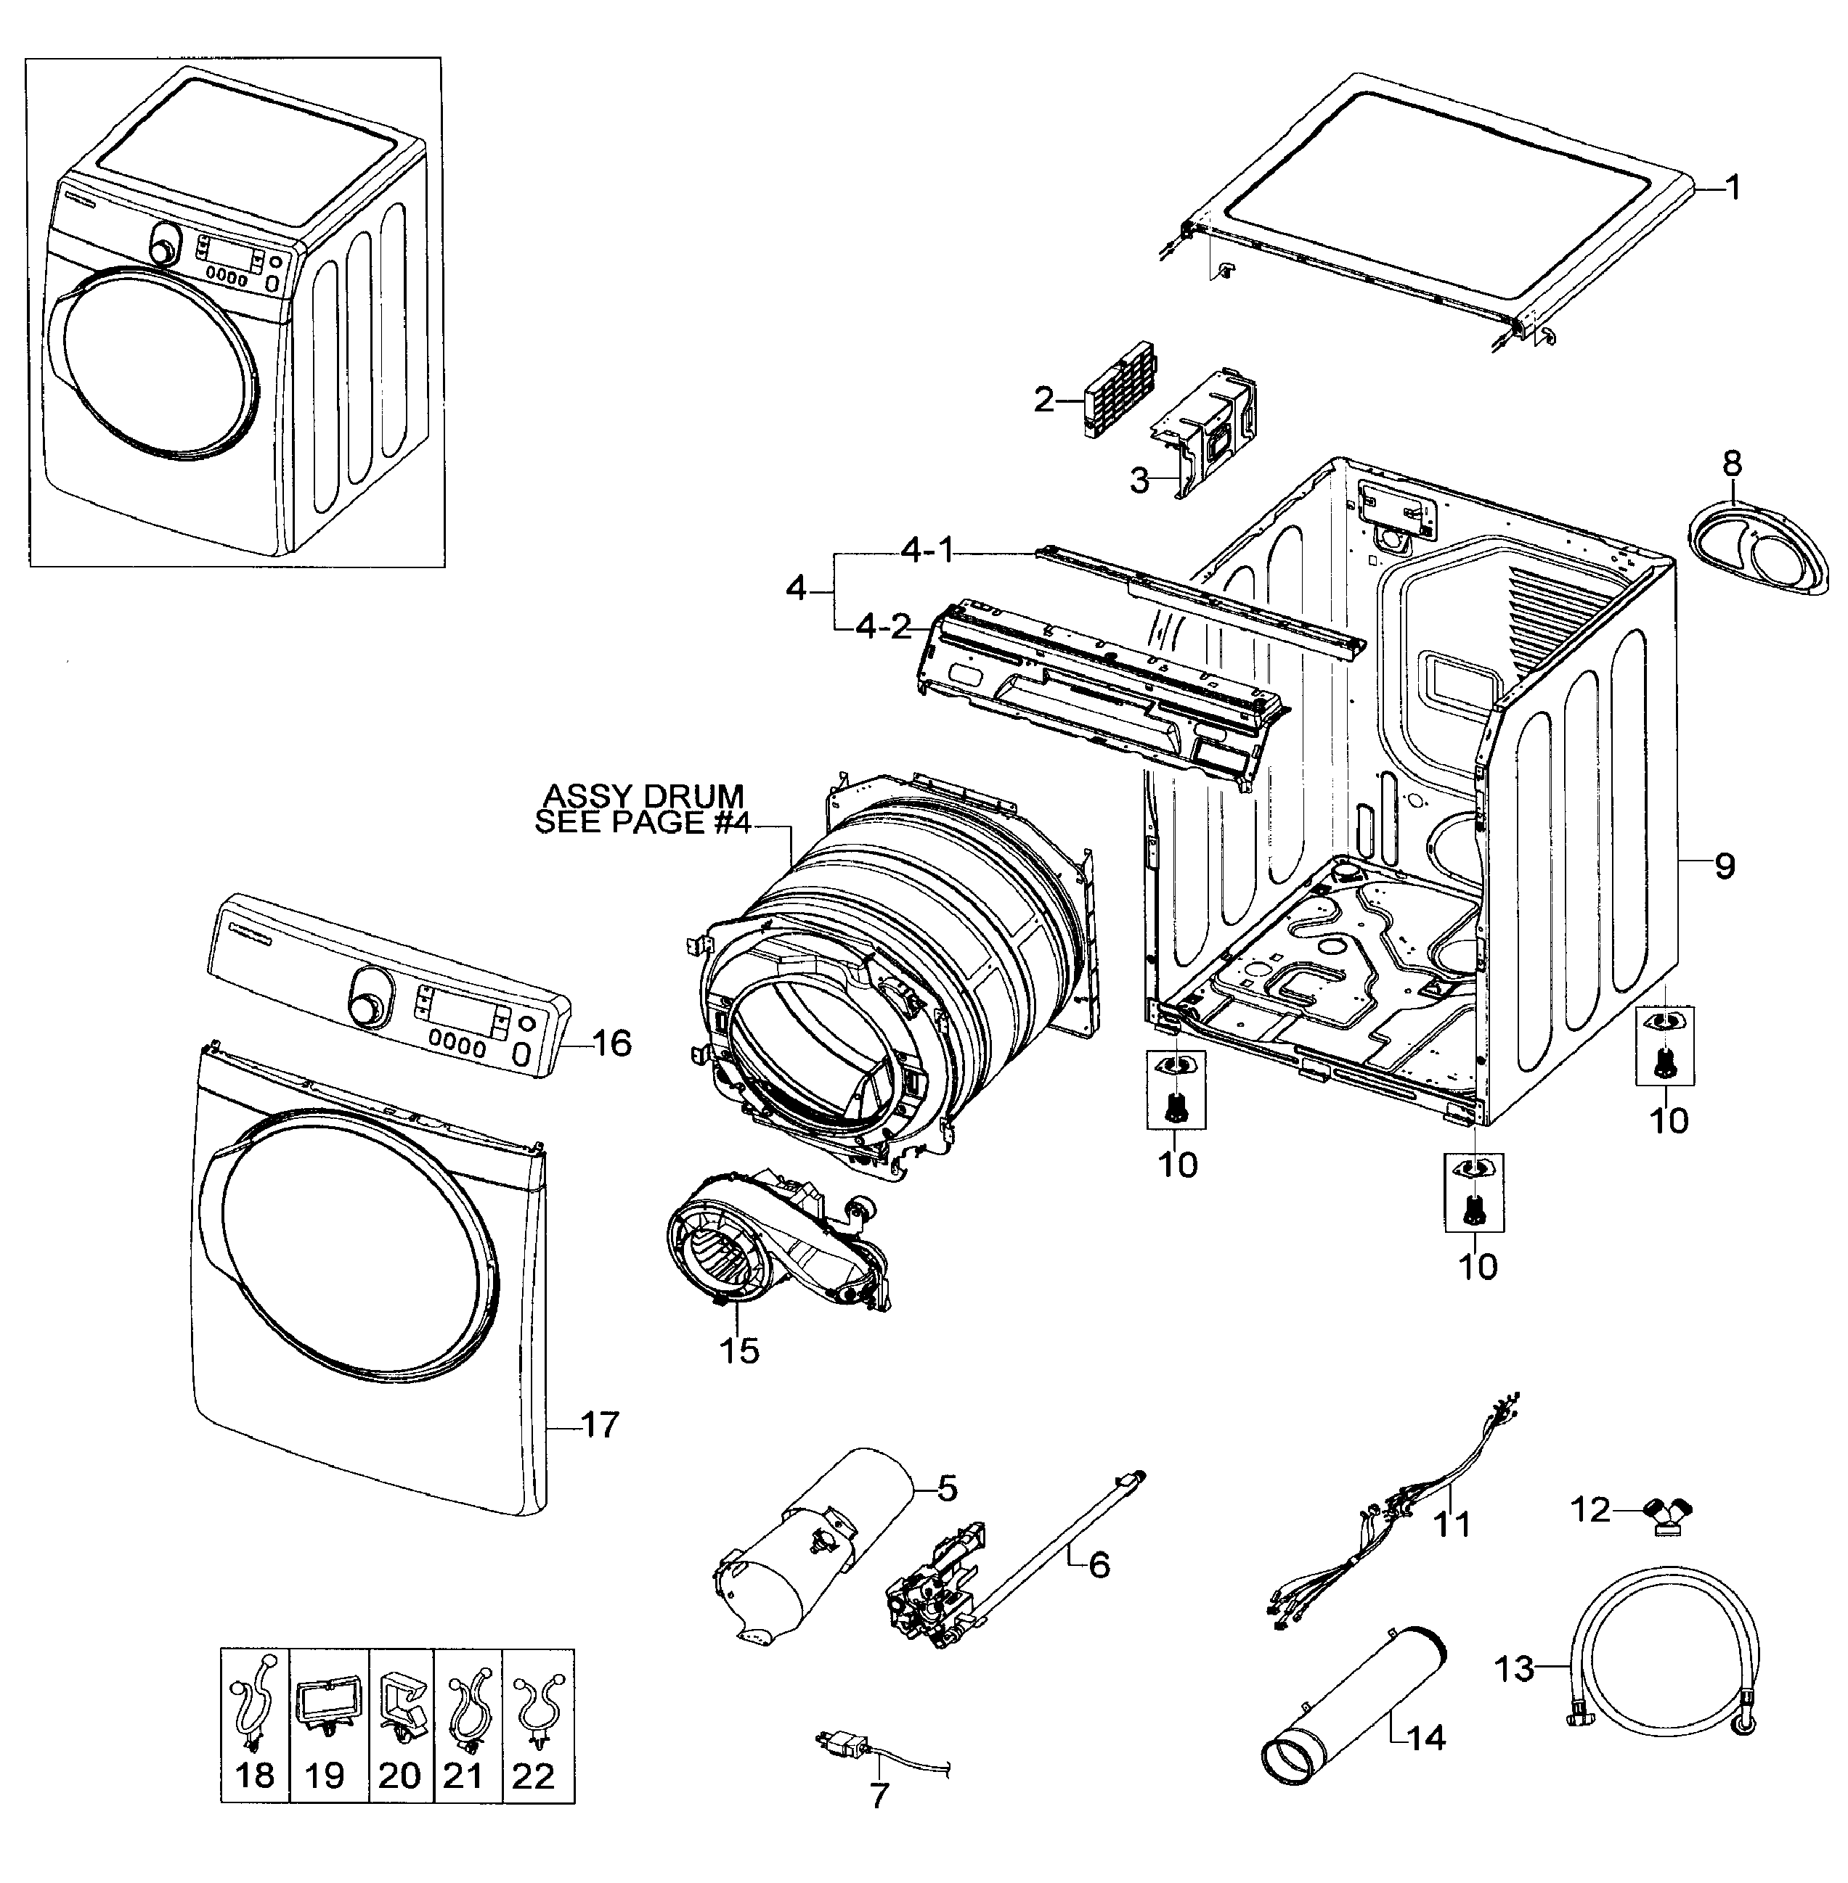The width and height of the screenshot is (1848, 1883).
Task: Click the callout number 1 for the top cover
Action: tap(1733, 187)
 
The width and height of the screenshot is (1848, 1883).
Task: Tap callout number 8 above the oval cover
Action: tap(1733, 463)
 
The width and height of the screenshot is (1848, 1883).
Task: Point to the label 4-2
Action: tap(883, 628)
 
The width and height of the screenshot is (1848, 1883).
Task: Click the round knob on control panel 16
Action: tap(367, 1008)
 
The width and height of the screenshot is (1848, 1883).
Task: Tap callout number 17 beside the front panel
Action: tap(599, 1424)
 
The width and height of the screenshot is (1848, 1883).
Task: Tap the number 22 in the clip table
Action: tap(533, 1776)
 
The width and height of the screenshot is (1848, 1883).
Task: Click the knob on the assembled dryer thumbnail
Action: tap(165, 248)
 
